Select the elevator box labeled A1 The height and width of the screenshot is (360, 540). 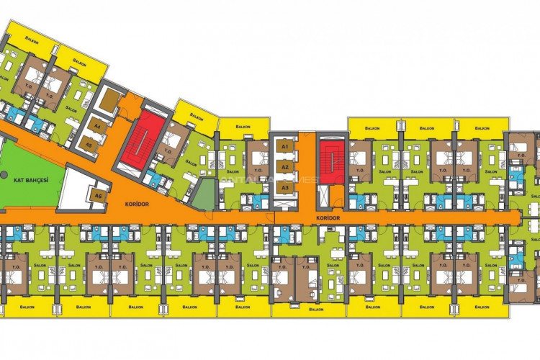click(x=285, y=147)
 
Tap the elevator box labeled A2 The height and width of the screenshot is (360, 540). click(x=285, y=167)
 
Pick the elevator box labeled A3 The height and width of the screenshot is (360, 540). click(x=285, y=187)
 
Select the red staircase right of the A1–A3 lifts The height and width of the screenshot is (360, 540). click(x=332, y=158)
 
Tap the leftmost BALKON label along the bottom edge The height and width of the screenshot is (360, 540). click(x=25, y=305)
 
